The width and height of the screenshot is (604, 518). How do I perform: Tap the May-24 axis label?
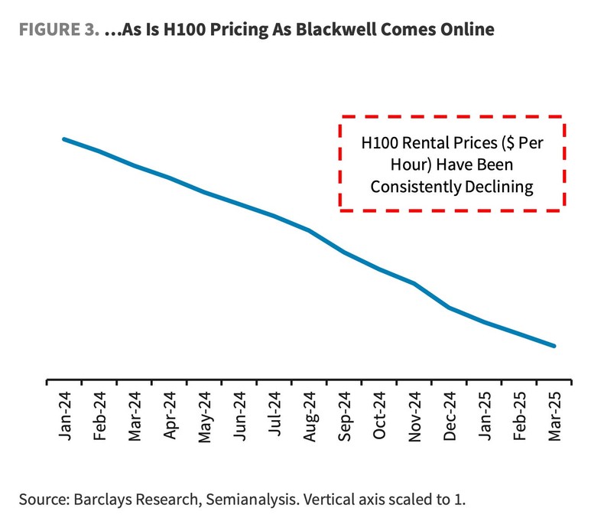coord(204,416)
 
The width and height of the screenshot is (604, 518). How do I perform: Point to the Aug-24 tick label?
coord(310,416)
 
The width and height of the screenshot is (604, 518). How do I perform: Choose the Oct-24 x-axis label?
coord(380,416)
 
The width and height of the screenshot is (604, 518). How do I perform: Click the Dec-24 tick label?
coord(450,416)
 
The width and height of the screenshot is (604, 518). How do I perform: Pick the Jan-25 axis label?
coord(485,416)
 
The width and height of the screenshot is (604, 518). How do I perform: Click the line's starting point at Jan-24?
coord(63,139)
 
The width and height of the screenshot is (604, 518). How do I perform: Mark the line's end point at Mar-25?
coord(554,346)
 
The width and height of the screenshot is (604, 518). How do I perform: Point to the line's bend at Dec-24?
coord(450,308)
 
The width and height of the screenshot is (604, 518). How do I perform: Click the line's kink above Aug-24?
coord(309,230)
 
